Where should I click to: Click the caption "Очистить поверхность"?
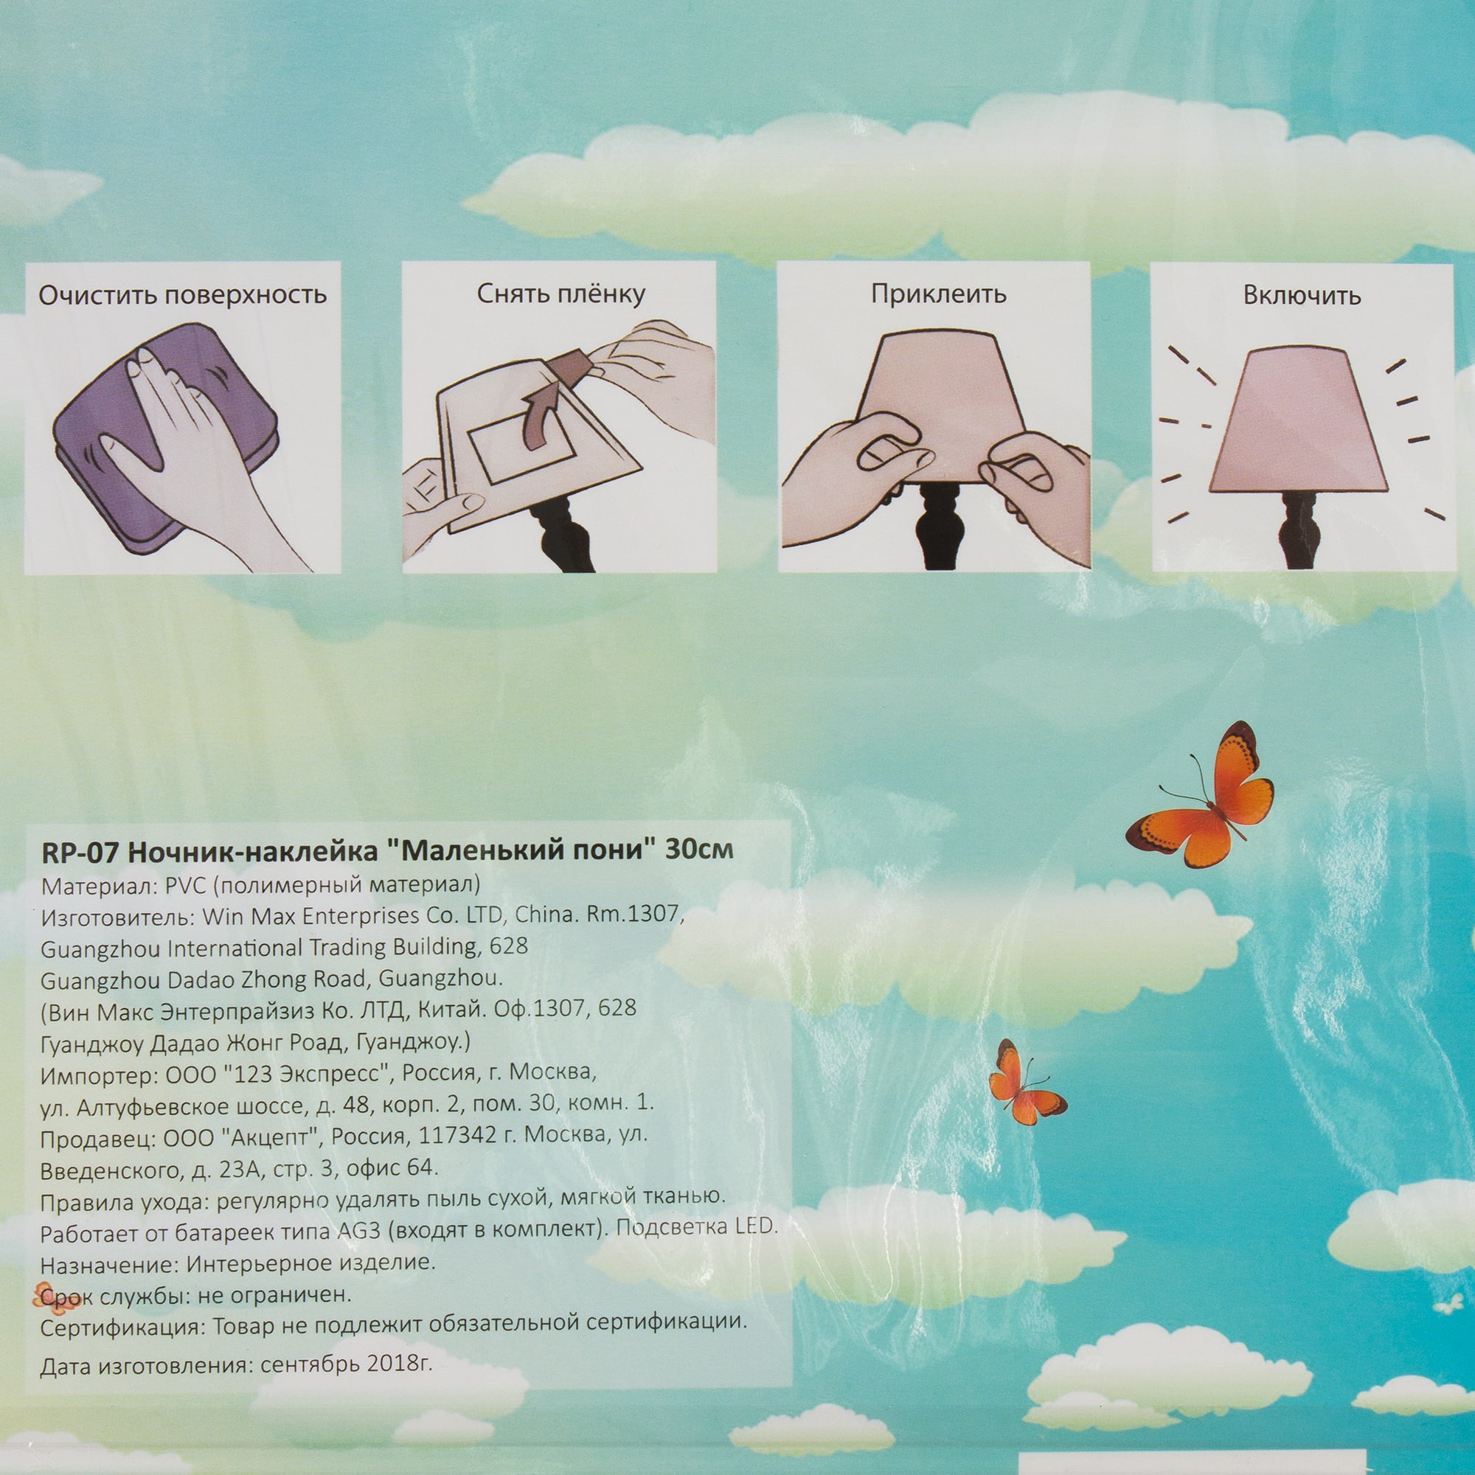tap(183, 295)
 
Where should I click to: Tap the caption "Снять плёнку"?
tap(561, 294)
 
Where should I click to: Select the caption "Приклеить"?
tap(938, 295)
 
